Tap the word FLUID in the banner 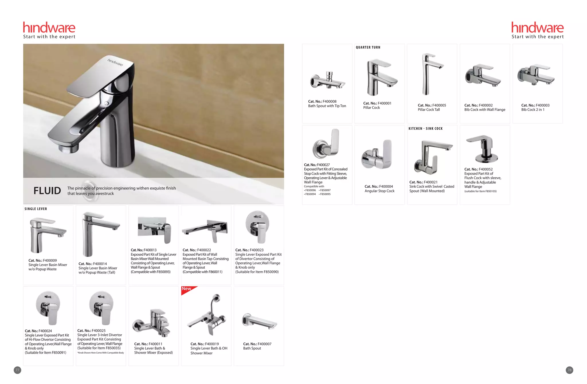pos(47,191)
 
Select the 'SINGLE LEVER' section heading pos(36,209)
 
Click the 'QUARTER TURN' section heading pos(368,47)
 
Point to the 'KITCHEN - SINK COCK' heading pos(426,129)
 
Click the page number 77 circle pos(17,370)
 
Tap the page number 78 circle pos(569,370)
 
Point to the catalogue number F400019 pos(205,344)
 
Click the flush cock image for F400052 pos(483,148)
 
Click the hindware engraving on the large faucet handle pos(115,62)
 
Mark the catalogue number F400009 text pos(43,261)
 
